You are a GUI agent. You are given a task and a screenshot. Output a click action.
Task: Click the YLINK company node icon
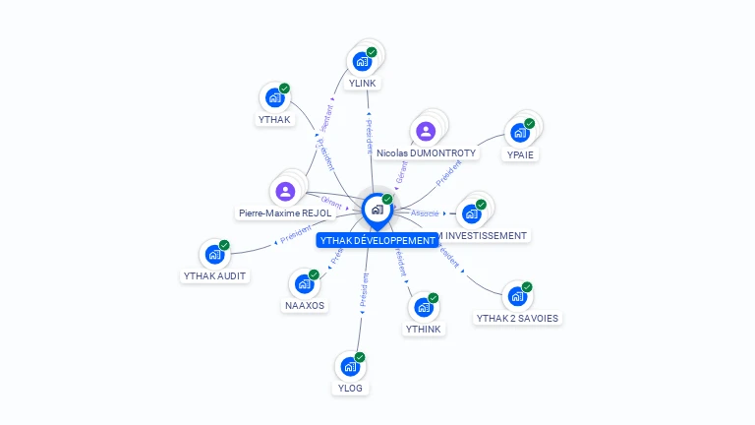[x=362, y=61]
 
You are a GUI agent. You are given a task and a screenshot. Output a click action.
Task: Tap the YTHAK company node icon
[x=274, y=97]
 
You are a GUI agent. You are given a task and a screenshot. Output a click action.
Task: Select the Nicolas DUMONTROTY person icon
[x=426, y=131]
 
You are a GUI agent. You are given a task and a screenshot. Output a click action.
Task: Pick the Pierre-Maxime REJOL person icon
[x=285, y=191]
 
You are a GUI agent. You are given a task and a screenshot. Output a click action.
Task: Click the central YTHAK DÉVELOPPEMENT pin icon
[x=377, y=209]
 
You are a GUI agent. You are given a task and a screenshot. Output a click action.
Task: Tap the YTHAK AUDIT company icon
[x=214, y=254]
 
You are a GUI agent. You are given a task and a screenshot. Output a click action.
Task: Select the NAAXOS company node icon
[x=304, y=283]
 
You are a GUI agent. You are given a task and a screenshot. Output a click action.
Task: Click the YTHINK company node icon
[x=424, y=307]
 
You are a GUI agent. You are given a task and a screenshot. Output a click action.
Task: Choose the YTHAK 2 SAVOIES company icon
[x=517, y=296]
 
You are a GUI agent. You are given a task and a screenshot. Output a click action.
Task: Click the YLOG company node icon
[x=350, y=366]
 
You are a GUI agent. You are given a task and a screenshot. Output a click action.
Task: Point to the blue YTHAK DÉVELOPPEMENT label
[x=377, y=240]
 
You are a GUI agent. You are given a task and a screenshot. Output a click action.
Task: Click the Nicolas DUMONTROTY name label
[x=426, y=153]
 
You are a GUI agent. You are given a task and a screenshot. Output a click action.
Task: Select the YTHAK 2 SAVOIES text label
[x=517, y=318]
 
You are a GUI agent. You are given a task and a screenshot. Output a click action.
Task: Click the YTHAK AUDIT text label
[x=214, y=275]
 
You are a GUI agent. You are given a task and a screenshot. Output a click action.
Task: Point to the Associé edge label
[x=425, y=212]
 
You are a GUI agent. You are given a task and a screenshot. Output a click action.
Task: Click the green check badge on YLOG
[x=360, y=357]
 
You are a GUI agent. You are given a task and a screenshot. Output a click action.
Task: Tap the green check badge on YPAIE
[x=529, y=124]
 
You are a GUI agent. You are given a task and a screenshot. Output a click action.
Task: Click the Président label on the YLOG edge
[x=363, y=291]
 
